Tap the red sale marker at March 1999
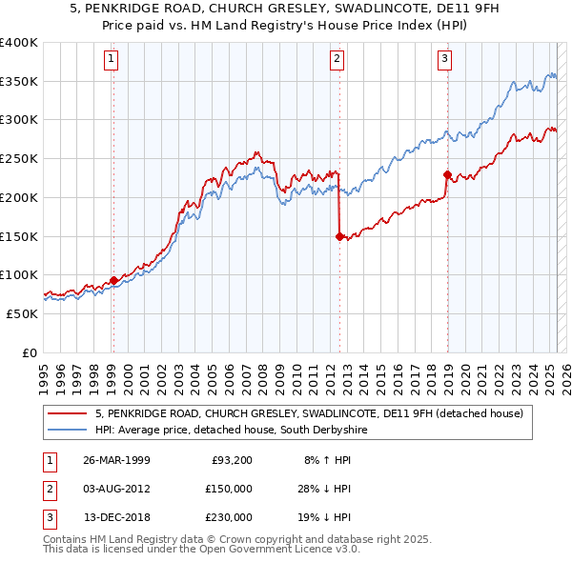point(113,280)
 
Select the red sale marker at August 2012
point(339,237)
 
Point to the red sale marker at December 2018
point(447,174)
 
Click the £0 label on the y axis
point(29,352)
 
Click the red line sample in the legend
point(68,414)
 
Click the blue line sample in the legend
point(68,431)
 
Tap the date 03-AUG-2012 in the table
point(116,489)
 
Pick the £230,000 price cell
point(228,517)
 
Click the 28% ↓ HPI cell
point(322,489)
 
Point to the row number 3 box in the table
point(49,517)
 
